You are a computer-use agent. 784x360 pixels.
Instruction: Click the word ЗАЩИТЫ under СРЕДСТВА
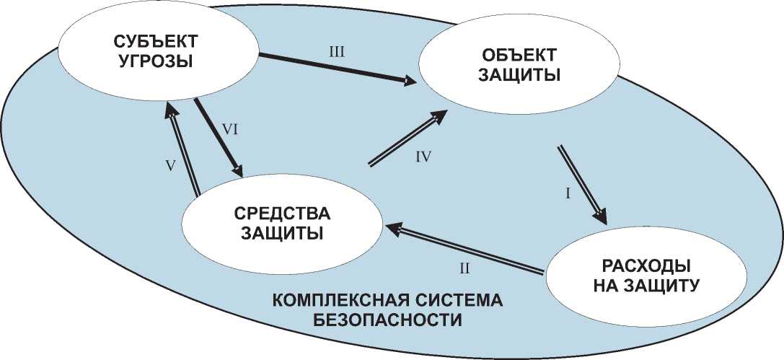point(282,234)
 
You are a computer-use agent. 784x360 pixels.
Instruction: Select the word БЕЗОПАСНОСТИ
point(387,318)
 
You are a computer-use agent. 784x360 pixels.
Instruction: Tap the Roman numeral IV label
point(423,157)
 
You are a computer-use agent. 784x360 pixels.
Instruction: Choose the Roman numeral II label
point(465,268)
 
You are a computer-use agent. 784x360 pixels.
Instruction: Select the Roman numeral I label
point(568,193)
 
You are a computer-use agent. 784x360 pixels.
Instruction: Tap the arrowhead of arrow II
point(390,227)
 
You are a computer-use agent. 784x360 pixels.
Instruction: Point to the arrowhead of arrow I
point(603,219)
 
